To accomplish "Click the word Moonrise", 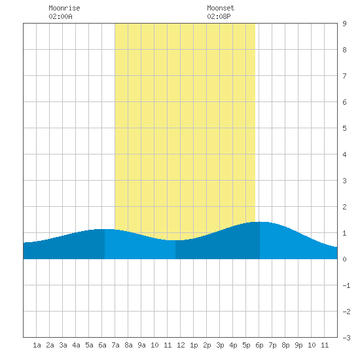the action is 64,8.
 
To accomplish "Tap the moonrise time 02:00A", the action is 60,16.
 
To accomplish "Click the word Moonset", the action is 221,8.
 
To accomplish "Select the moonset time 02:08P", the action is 219,16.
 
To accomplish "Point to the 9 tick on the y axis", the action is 344,24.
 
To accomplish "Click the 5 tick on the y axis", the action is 344,128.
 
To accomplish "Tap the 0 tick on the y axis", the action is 344,259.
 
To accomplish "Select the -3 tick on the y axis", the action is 346,338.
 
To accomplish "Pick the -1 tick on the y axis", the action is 346,285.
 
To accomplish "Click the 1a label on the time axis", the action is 37,345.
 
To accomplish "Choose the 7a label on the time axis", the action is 115,345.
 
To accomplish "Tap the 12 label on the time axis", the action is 181,345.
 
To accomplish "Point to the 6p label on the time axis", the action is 259,345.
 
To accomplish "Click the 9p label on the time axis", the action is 298,345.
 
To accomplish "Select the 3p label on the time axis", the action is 220,345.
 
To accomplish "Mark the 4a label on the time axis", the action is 76,345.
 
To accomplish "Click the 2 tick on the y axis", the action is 344,207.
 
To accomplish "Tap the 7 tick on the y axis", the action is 344,76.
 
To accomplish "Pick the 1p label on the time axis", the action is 194,345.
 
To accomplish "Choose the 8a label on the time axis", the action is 128,345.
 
